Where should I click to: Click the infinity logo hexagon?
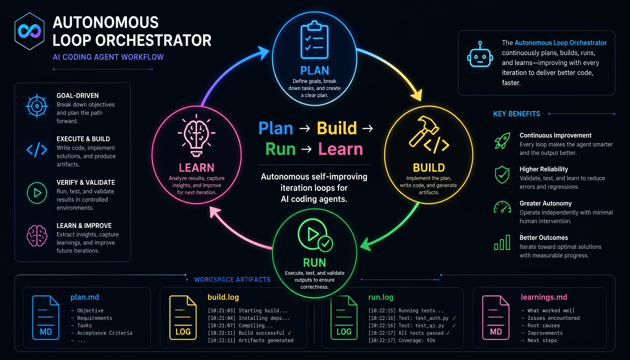click(x=30, y=31)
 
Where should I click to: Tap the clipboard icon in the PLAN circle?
click(x=314, y=40)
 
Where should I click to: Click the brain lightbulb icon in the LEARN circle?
click(x=197, y=135)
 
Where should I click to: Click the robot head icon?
click(x=480, y=54)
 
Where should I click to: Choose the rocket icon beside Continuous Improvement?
click(x=502, y=141)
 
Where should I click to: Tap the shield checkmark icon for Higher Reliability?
click(x=502, y=174)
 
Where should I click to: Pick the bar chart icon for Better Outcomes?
click(x=502, y=242)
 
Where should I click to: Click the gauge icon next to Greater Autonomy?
click(x=502, y=207)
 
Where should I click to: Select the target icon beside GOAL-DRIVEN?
click(x=37, y=106)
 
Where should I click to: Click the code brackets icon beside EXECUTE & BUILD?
click(x=37, y=149)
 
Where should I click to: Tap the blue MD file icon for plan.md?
click(x=46, y=317)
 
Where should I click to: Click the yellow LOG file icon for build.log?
click(x=183, y=317)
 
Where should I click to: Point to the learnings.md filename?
click(x=544, y=297)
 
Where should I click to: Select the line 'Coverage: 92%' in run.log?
click(x=401, y=340)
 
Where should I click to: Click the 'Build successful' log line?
click(x=249, y=333)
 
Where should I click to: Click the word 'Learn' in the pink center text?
click(x=340, y=149)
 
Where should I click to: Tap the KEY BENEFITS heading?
click(x=516, y=114)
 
